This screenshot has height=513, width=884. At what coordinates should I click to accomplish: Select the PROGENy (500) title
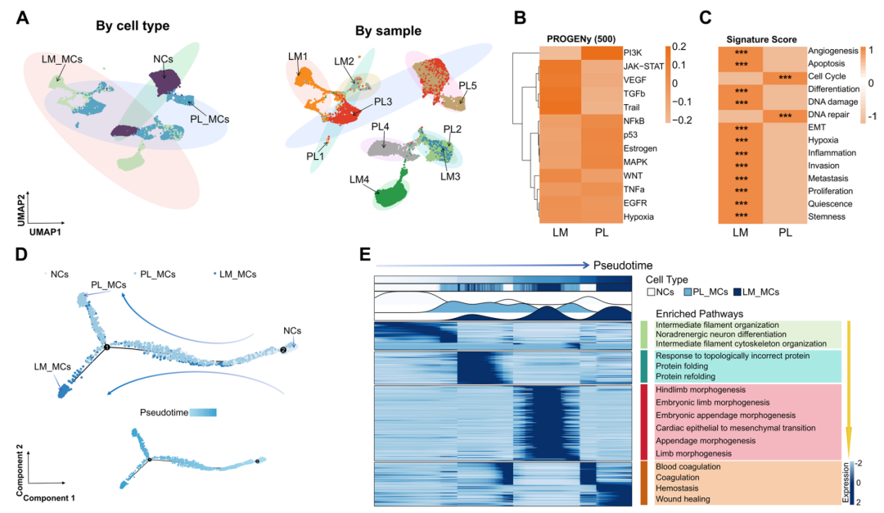point(580,39)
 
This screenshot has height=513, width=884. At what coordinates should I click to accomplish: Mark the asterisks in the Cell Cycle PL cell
point(786,77)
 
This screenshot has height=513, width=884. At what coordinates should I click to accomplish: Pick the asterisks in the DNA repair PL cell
point(786,116)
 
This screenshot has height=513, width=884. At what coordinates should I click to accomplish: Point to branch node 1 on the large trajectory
point(106,349)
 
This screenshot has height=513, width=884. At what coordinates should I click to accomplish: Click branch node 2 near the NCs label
point(283,350)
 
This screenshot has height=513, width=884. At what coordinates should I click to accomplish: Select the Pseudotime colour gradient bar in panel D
point(202,411)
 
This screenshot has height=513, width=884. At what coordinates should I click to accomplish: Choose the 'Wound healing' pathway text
point(682,498)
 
